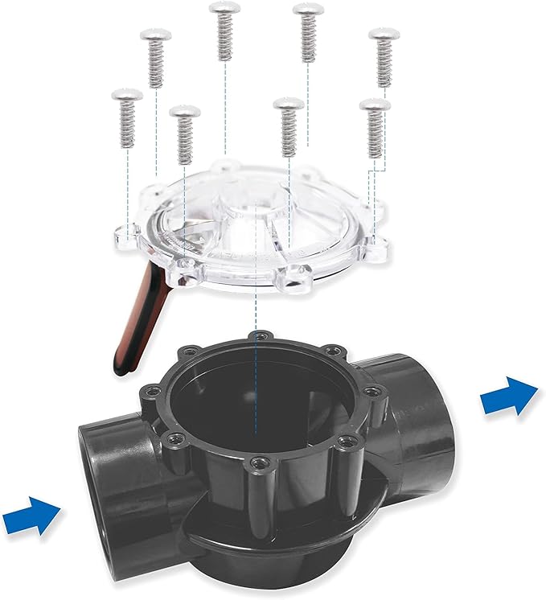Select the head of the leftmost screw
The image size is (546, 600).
coord(127,95)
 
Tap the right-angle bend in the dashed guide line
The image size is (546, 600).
coord(369,171)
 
